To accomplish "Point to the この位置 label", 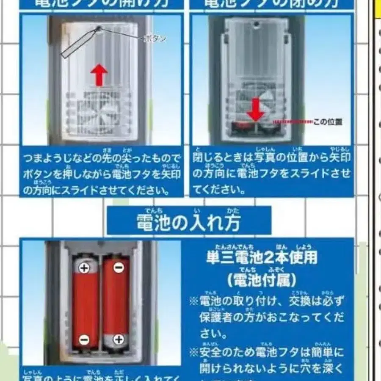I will [x=328, y=122].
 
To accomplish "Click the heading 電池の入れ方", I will [x=189, y=222].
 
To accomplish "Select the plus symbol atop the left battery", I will [x=84, y=268].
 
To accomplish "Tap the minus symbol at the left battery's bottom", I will [x=84, y=339].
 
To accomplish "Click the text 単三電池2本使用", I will [x=262, y=257].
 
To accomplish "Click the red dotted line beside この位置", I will [x=292, y=122].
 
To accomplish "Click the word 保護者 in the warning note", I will [x=215, y=317].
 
